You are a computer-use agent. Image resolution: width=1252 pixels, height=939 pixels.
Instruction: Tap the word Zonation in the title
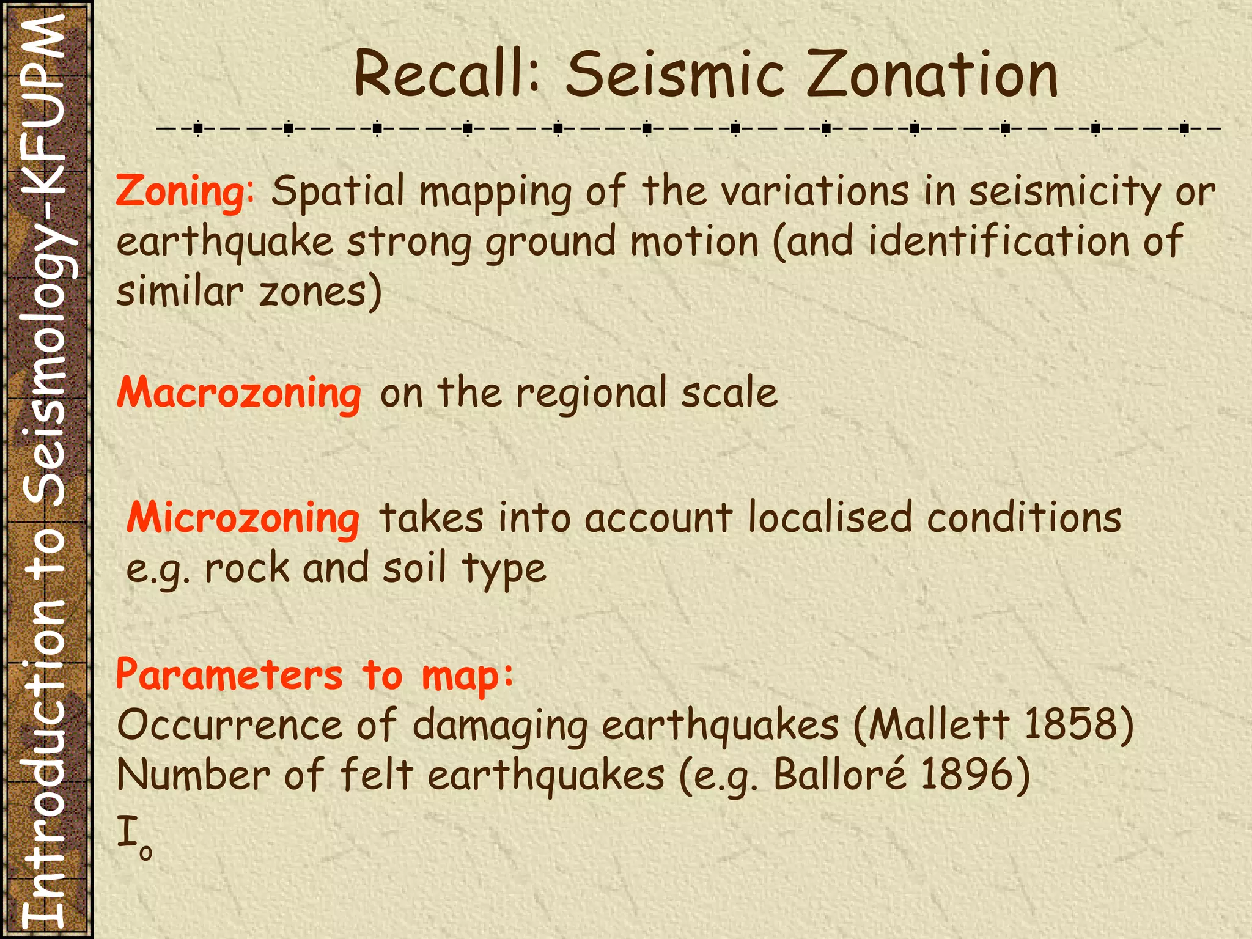coord(933,75)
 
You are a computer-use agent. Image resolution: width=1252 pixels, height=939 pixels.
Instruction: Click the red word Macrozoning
coord(239,392)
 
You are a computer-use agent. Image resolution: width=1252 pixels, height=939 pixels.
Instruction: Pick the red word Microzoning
coord(243,518)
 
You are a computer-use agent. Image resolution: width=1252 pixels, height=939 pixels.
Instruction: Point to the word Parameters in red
coord(229,676)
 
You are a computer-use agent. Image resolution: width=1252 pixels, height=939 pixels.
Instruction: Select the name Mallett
coord(938,725)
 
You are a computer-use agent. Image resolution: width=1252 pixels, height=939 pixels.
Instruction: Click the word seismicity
coord(1064,191)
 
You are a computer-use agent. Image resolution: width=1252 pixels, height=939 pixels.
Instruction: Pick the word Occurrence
coord(229,725)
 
